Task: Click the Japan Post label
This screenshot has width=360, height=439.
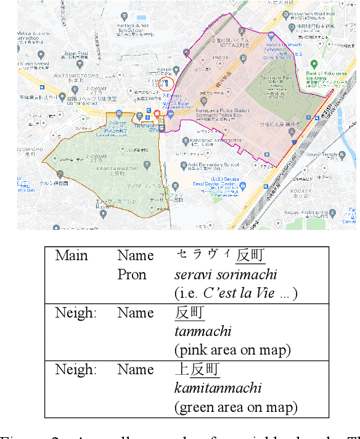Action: [x=76, y=54]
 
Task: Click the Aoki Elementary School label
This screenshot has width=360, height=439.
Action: [x=215, y=165]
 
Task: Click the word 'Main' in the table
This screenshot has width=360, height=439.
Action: [x=72, y=255]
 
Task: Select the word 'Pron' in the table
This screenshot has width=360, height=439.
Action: [x=131, y=274]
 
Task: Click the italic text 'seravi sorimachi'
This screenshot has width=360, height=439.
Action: [x=226, y=275]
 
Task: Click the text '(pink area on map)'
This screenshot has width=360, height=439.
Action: [x=232, y=350]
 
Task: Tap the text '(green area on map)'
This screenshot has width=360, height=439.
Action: [x=235, y=407]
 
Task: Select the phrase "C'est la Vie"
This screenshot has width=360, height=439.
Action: [x=240, y=293]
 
